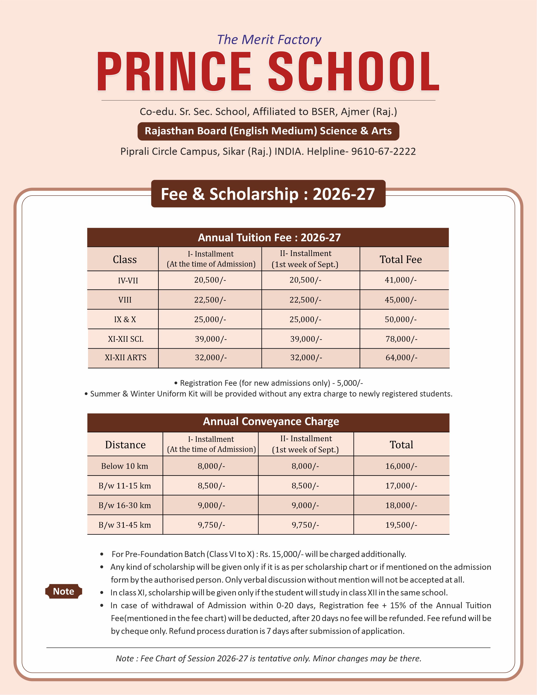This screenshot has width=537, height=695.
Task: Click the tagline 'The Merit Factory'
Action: tap(269, 40)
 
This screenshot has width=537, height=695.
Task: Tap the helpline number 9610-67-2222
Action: tap(383, 151)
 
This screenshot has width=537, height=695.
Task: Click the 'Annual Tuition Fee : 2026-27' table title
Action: tap(269, 237)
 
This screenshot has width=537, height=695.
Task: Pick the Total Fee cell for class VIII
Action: tap(401, 300)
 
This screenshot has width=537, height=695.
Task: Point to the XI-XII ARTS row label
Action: tap(126, 358)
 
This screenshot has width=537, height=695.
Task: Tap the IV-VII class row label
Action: tap(128, 280)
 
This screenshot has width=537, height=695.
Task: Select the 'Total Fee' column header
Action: tap(401, 259)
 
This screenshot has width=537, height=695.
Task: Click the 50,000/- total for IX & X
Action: tap(401, 319)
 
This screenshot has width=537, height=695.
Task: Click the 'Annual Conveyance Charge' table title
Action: tap(271, 421)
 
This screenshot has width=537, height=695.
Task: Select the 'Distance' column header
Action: tap(125, 444)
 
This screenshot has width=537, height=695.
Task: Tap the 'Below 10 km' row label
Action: tap(125, 466)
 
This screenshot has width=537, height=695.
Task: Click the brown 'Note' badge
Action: tap(64, 591)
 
